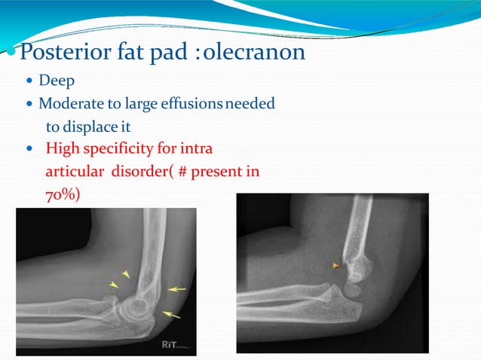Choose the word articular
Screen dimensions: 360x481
click(75, 171)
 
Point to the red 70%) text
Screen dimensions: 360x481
click(62, 194)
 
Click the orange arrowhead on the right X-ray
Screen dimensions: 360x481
click(337, 265)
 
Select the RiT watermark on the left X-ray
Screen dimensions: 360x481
click(172, 345)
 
